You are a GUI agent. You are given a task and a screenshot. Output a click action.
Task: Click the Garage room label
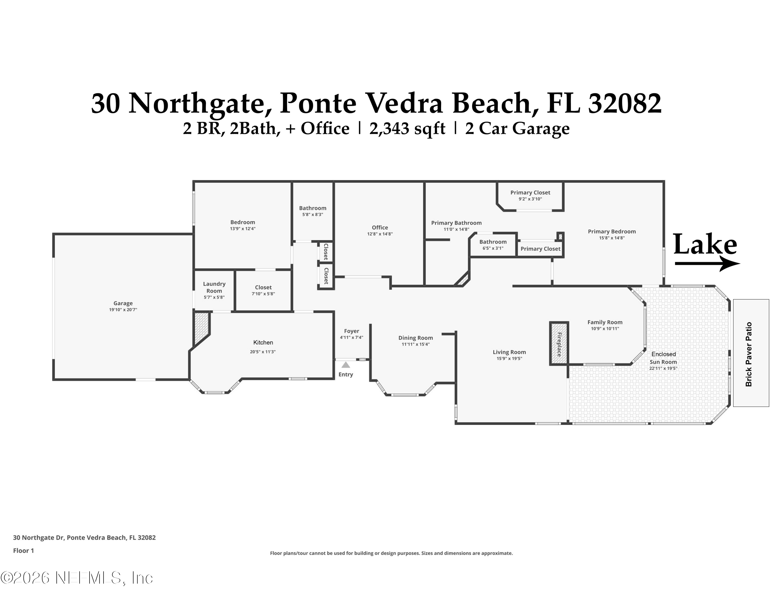123,303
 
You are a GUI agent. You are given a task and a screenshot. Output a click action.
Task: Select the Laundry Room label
214,287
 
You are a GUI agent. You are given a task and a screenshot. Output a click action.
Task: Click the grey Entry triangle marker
346,365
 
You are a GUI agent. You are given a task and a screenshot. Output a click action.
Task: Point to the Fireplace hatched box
559,344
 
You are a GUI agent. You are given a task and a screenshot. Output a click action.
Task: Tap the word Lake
705,245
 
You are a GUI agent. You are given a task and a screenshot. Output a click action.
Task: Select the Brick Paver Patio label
749,354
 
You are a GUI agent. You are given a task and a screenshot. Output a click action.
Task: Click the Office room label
380,228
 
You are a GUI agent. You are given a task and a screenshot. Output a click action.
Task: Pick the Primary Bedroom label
612,232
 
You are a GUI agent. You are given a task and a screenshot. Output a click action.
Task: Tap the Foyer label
351,331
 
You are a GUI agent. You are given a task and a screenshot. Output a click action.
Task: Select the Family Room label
605,322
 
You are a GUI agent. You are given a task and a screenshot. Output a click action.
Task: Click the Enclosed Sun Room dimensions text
663,368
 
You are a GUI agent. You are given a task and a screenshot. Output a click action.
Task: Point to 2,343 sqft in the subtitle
407,129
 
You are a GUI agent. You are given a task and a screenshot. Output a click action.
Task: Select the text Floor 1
23,550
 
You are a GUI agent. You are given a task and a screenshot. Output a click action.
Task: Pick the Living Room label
509,352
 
